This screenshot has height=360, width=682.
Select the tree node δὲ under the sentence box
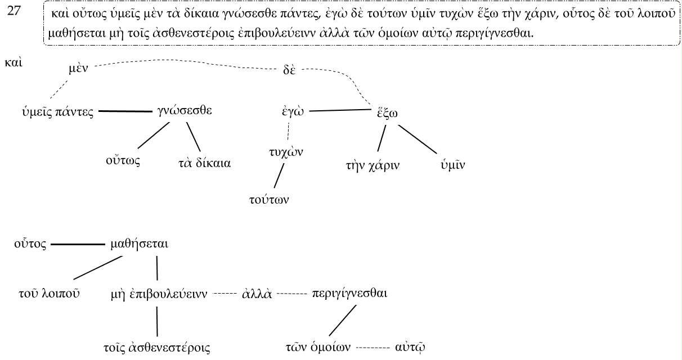point(289,70)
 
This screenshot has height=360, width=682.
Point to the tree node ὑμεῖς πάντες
point(57,111)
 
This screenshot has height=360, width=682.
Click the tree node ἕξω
point(387,111)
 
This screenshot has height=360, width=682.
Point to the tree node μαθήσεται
point(138,244)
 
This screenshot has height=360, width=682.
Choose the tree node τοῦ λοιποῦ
point(48,294)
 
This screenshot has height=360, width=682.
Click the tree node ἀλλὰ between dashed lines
point(257,294)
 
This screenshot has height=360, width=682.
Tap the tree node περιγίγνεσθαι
point(349,294)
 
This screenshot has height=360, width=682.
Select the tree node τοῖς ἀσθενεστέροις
point(156,347)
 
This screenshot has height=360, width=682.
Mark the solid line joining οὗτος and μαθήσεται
point(78,245)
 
